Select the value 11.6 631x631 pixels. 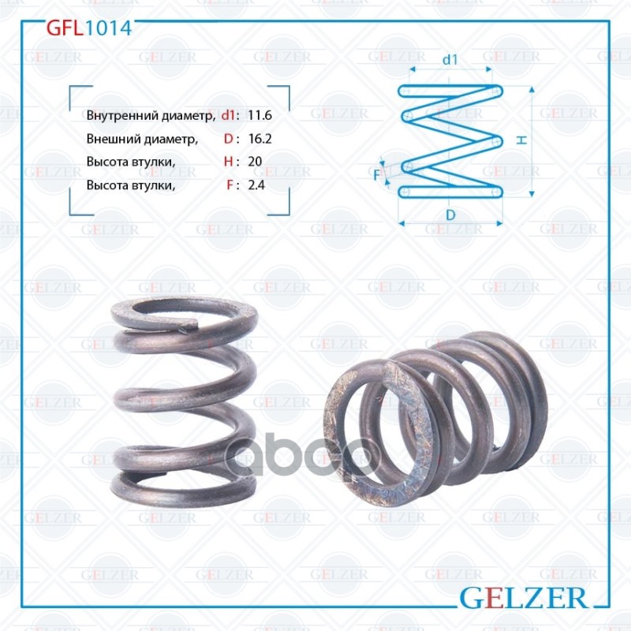(259, 115)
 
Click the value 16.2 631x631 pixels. (259, 140)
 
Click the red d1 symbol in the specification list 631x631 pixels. (229, 115)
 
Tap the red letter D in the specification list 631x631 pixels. (228, 140)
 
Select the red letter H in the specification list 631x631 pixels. (228, 162)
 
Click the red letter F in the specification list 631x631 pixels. (229, 185)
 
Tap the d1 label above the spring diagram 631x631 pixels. (450, 58)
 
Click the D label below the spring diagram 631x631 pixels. (450, 215)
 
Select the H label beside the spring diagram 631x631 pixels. (522, 140)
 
